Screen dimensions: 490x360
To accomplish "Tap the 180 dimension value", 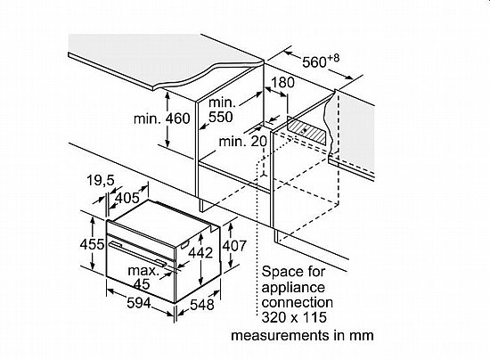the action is (x=282, y=83).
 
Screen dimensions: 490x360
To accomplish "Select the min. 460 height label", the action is (x=161, y=119).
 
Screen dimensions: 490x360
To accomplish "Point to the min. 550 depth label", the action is (x=221, y=110).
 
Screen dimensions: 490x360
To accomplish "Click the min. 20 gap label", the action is (x=243, y=142).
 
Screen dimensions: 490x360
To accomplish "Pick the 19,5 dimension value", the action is (x=101, y=181).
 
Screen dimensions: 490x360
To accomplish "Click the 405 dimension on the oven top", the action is (x=127, y=198).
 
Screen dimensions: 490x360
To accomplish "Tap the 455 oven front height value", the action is (x=92, y=244).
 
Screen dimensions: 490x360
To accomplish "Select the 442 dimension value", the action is (x=200, y=253).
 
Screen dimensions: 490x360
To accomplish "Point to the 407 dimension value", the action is (x=234, y=246).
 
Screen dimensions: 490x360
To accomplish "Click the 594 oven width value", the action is (x=139, y=303).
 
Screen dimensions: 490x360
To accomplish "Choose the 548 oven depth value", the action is (x=202, y=305).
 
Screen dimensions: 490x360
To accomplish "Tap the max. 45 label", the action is (x=143, y=277).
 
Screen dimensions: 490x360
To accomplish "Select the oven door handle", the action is (x=137, y=252).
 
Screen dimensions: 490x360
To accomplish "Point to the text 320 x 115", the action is (x=294, y=317).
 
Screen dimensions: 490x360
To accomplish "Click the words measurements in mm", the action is (x=302, y=335).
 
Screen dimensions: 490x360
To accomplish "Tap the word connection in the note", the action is (x=298, y=302).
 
